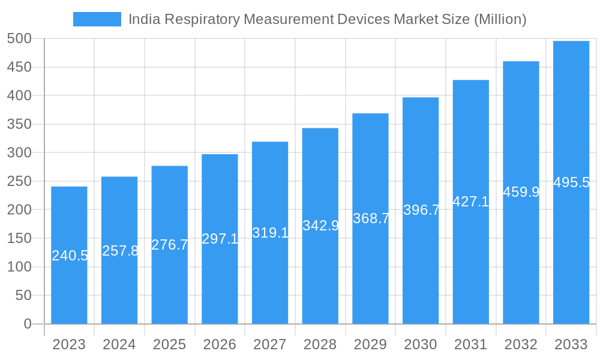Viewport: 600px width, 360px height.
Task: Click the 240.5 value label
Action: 70,256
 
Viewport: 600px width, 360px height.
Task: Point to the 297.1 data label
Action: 220,239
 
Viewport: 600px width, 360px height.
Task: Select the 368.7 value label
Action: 371,218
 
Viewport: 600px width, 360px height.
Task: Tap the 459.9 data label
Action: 521,192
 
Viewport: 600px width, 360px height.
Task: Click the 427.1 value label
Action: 471,202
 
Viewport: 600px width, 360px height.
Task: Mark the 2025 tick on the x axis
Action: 169,344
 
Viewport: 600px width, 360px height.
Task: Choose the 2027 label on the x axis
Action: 270,344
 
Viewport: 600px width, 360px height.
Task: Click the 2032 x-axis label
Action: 521,344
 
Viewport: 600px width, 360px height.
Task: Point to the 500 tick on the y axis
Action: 19,39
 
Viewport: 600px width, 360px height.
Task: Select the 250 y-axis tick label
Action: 19,181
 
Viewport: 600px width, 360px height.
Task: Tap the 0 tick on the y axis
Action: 27,324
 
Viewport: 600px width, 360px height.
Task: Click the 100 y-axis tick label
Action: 19,267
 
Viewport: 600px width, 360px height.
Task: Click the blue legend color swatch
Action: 97,19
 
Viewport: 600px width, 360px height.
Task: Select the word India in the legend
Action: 140,19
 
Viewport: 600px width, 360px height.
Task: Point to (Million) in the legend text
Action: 500,19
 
